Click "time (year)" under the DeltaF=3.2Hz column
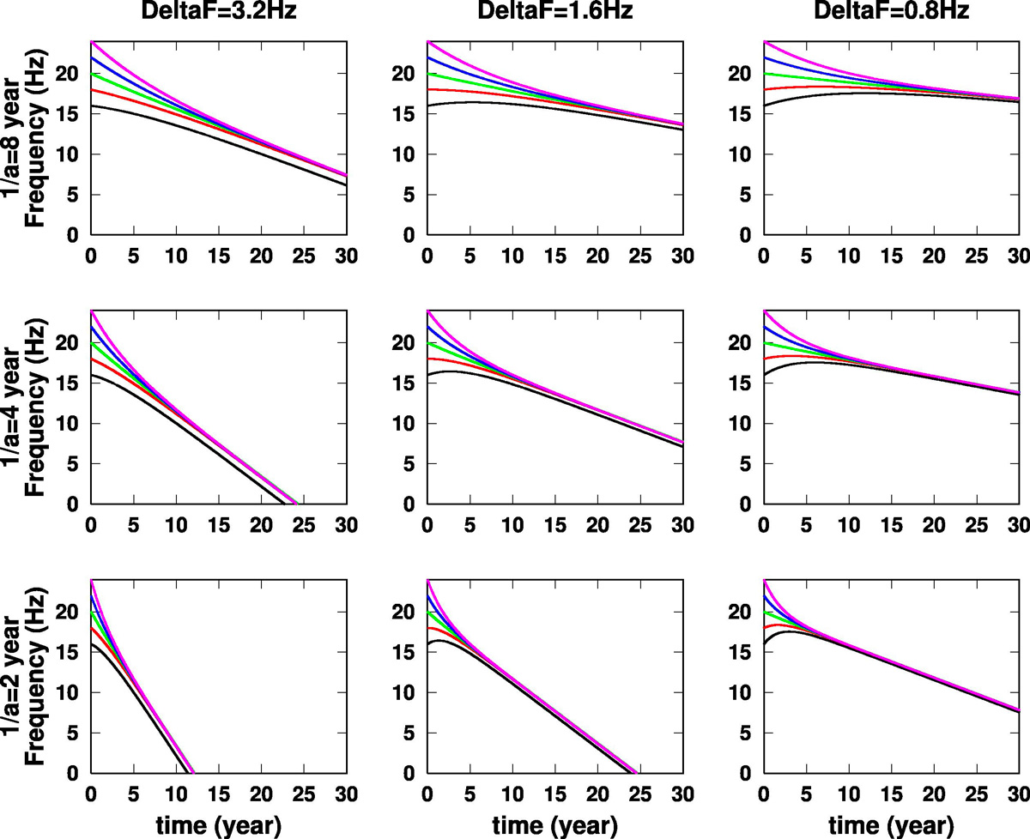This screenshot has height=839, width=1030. click(x=218, y=824)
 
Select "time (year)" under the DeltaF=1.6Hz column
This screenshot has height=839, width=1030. click(x=554, y=824)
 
